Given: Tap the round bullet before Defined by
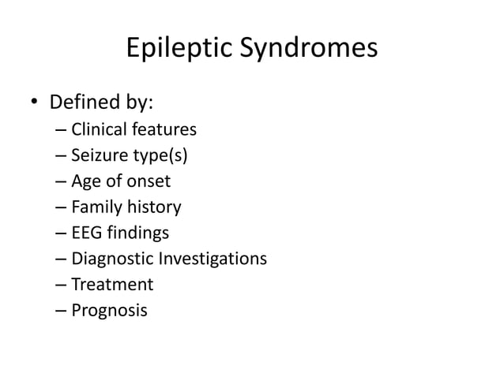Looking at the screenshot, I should [x=35, y=104].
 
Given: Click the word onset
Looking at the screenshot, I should [x=147, y=181].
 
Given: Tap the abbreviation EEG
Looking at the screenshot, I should [x=86, y=233].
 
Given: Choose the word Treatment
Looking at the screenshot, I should [x=112, y=284].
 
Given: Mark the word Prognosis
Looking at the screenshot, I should [x=109, y=311].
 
